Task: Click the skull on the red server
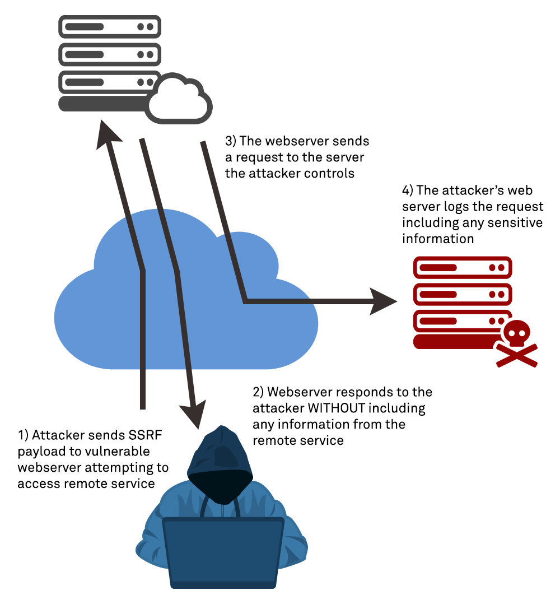point(515,334)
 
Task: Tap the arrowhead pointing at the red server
point(384,302)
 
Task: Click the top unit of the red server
point(462,267)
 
